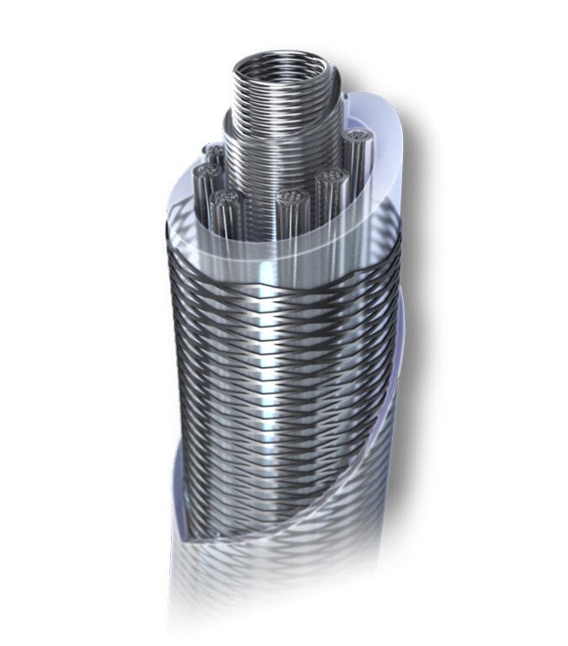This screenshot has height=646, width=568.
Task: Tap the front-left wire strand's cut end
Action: (x=223, y=200)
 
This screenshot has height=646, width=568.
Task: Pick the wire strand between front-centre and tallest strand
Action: (x=328, y=179)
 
